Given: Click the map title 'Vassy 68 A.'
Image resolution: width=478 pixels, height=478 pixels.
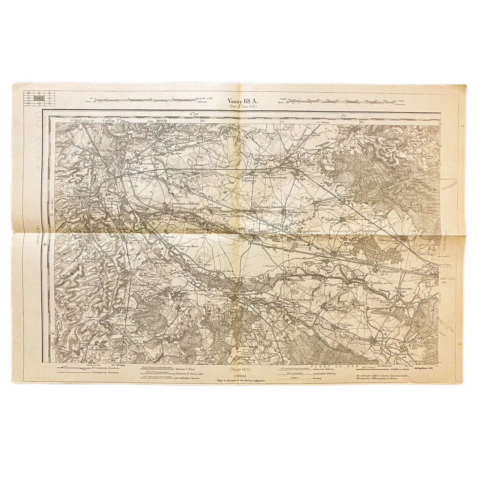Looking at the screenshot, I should [x=242, y=101].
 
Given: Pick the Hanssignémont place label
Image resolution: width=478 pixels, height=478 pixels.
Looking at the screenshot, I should [x=280, y=177].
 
